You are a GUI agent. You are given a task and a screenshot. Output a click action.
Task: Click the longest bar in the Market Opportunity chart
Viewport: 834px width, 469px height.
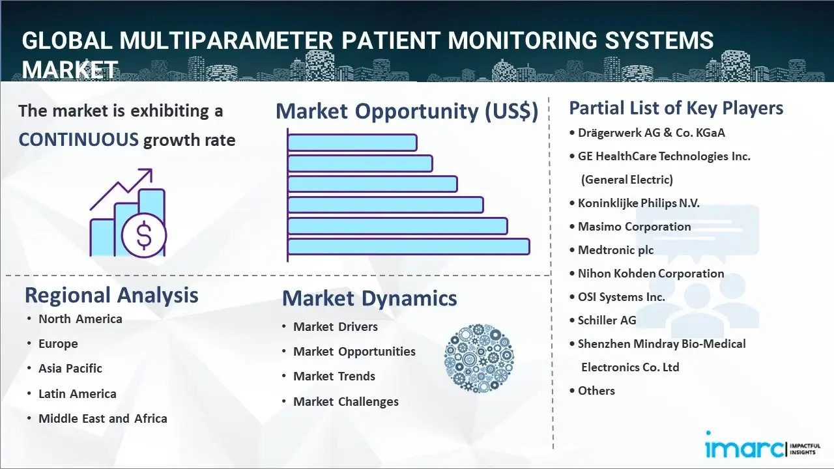click(x=409, y=247)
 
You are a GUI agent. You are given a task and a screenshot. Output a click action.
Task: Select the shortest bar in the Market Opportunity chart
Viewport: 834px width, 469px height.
click(x=352, y=143)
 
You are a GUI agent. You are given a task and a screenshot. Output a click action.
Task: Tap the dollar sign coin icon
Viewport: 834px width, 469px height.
click(x=144, y=235)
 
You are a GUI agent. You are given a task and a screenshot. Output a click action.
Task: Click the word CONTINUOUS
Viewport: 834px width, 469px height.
click(x=79, y=140)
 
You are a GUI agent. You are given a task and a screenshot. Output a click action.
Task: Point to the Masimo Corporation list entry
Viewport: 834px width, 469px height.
click(x=634, y=226)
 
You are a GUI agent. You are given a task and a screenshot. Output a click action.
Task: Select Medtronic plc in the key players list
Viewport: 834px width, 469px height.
click(x=616, y=249)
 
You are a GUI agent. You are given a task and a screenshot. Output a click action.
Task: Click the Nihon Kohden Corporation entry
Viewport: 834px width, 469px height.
click(x=651, y=273)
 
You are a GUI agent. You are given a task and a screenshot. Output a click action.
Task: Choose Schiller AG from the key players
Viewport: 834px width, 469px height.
click(x=607, y=320)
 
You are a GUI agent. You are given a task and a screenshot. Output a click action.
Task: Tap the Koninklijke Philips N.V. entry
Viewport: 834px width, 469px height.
click(x=639, y=203)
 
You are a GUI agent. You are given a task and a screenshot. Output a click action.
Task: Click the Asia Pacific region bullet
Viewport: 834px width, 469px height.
click(x=70, y=368)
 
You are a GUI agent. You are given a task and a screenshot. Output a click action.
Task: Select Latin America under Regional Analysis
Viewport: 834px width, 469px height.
click(x=78, y=393)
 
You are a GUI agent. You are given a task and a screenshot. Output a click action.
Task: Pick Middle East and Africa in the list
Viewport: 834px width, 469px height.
click(x=103, y=418)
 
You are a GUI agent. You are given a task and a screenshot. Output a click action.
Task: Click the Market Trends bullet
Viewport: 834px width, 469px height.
click(x=334, y=376)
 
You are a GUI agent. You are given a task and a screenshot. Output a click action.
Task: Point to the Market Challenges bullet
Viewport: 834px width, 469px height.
click(x=346, y=401)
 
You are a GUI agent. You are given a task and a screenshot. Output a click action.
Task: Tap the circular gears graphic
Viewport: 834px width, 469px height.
click(x=479, y=358)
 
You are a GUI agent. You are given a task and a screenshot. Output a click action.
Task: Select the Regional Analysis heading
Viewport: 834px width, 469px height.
click(x=111, y=295)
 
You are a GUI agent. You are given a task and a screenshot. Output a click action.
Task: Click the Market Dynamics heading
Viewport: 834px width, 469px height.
click(x=369, y=298)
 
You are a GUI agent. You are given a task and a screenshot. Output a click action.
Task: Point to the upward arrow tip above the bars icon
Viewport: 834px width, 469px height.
click(x=151, y=170)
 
